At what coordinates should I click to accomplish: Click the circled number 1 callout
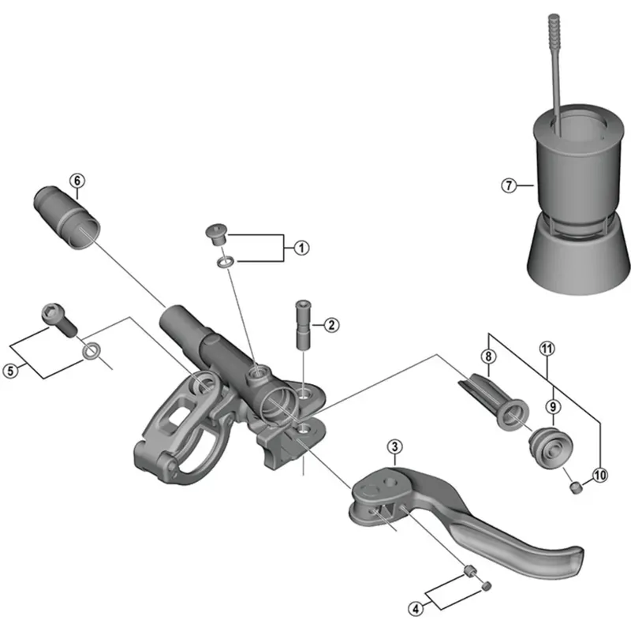[x=301, y=247]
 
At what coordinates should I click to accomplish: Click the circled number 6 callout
[x=77, y=180]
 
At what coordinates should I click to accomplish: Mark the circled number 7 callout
[x=509, y=186]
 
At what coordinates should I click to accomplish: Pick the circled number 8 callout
[x=489, y=357]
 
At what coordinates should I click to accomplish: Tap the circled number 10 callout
[x=601, y=475]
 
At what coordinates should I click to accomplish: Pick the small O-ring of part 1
[x=225, y=260]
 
